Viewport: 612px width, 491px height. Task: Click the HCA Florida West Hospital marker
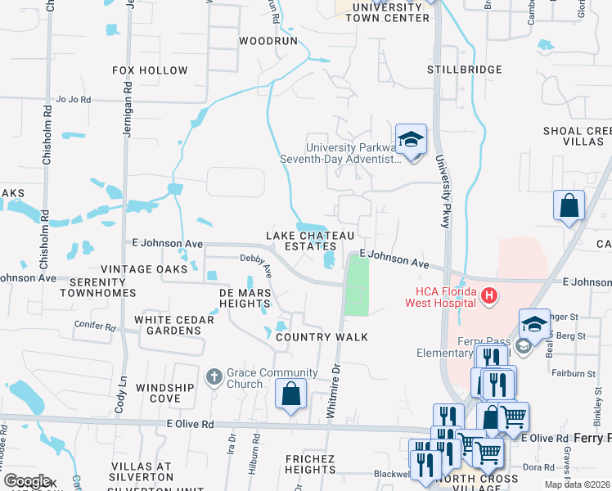(489, 296)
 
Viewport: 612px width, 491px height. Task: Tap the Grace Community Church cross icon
(214, 376)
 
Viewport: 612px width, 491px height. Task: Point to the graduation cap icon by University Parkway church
(411, 139)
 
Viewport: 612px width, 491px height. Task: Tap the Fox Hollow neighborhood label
(150, 71)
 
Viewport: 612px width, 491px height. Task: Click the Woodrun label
(268, 40)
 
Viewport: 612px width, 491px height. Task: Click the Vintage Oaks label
(144, 268)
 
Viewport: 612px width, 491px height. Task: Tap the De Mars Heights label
(244, 298)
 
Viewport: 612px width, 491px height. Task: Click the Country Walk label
(322, 337)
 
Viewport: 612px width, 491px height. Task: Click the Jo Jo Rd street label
(73, 101)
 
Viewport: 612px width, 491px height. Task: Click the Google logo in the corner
(27, 481)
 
